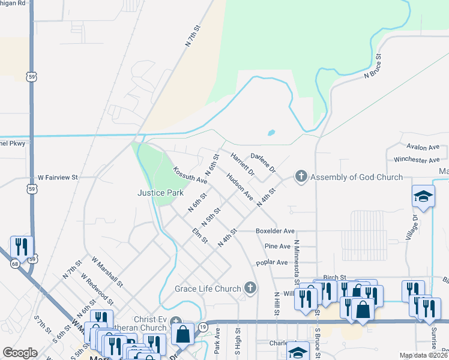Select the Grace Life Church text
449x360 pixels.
pos(208,289)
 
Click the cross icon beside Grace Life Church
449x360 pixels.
pos(250,289)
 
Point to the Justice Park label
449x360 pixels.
pos(160,193)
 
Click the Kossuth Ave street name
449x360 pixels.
pos(190,175)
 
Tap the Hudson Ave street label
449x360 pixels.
pos(240,187)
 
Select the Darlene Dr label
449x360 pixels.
pos(262,161)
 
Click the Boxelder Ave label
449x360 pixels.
pos(275,230)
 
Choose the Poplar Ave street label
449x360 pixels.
pos(272,262)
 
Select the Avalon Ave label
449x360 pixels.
pos(423,146)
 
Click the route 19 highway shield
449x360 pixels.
pos(204,326)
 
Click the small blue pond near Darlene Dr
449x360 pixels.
pos(271,133)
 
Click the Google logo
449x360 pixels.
pos(20,352)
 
